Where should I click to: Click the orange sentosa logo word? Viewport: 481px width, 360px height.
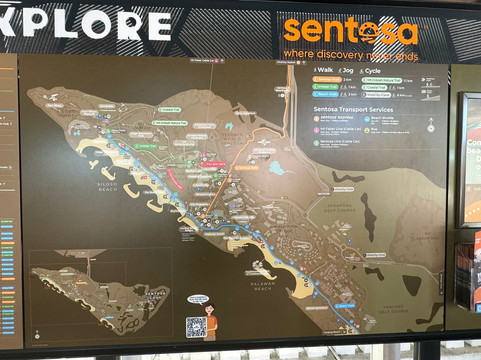[349, 31]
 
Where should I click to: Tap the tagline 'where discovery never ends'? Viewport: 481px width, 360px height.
[349, 52]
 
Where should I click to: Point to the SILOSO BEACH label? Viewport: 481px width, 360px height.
[109, 186]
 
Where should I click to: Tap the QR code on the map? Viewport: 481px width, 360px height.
[196, 325]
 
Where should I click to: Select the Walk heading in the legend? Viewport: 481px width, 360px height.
[324, 70]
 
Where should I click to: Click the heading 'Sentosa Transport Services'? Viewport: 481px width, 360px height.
[352, 109]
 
